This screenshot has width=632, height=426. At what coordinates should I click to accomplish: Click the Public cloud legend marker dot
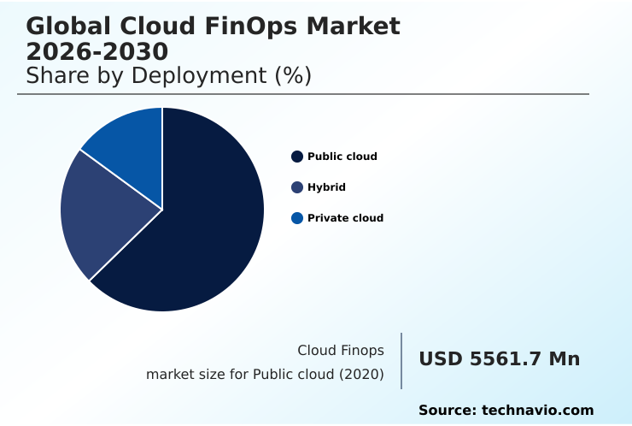pyautogui.click(x=297, y=157)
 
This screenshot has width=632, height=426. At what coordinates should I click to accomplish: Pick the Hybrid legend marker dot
pyautogui.click(x=297, y=187)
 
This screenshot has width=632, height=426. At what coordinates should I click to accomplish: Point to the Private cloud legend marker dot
pyautogui.click(x=297, y=218)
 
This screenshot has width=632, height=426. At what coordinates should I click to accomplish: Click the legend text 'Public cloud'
pyautogui.click(x=342, y=157)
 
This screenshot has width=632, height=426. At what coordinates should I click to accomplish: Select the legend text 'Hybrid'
pyautogui.click(x=326, y=187)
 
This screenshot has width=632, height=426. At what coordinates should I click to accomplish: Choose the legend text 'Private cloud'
pyautogui.click(x=345, y=218)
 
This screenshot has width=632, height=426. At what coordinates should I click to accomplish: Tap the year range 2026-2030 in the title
pyautogui.click(x=97, y=51)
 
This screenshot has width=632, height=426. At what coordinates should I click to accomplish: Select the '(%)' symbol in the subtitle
pyautogui.click(x=292, y=76)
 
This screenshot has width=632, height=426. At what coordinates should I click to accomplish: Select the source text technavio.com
pyautogui.click(x=537, y=411)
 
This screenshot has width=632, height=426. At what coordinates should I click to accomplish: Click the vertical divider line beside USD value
pyautogui.click(x=401, y=360)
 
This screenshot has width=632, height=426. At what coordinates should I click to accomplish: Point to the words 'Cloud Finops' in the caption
pyautogui.click(x=340, y=351)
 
